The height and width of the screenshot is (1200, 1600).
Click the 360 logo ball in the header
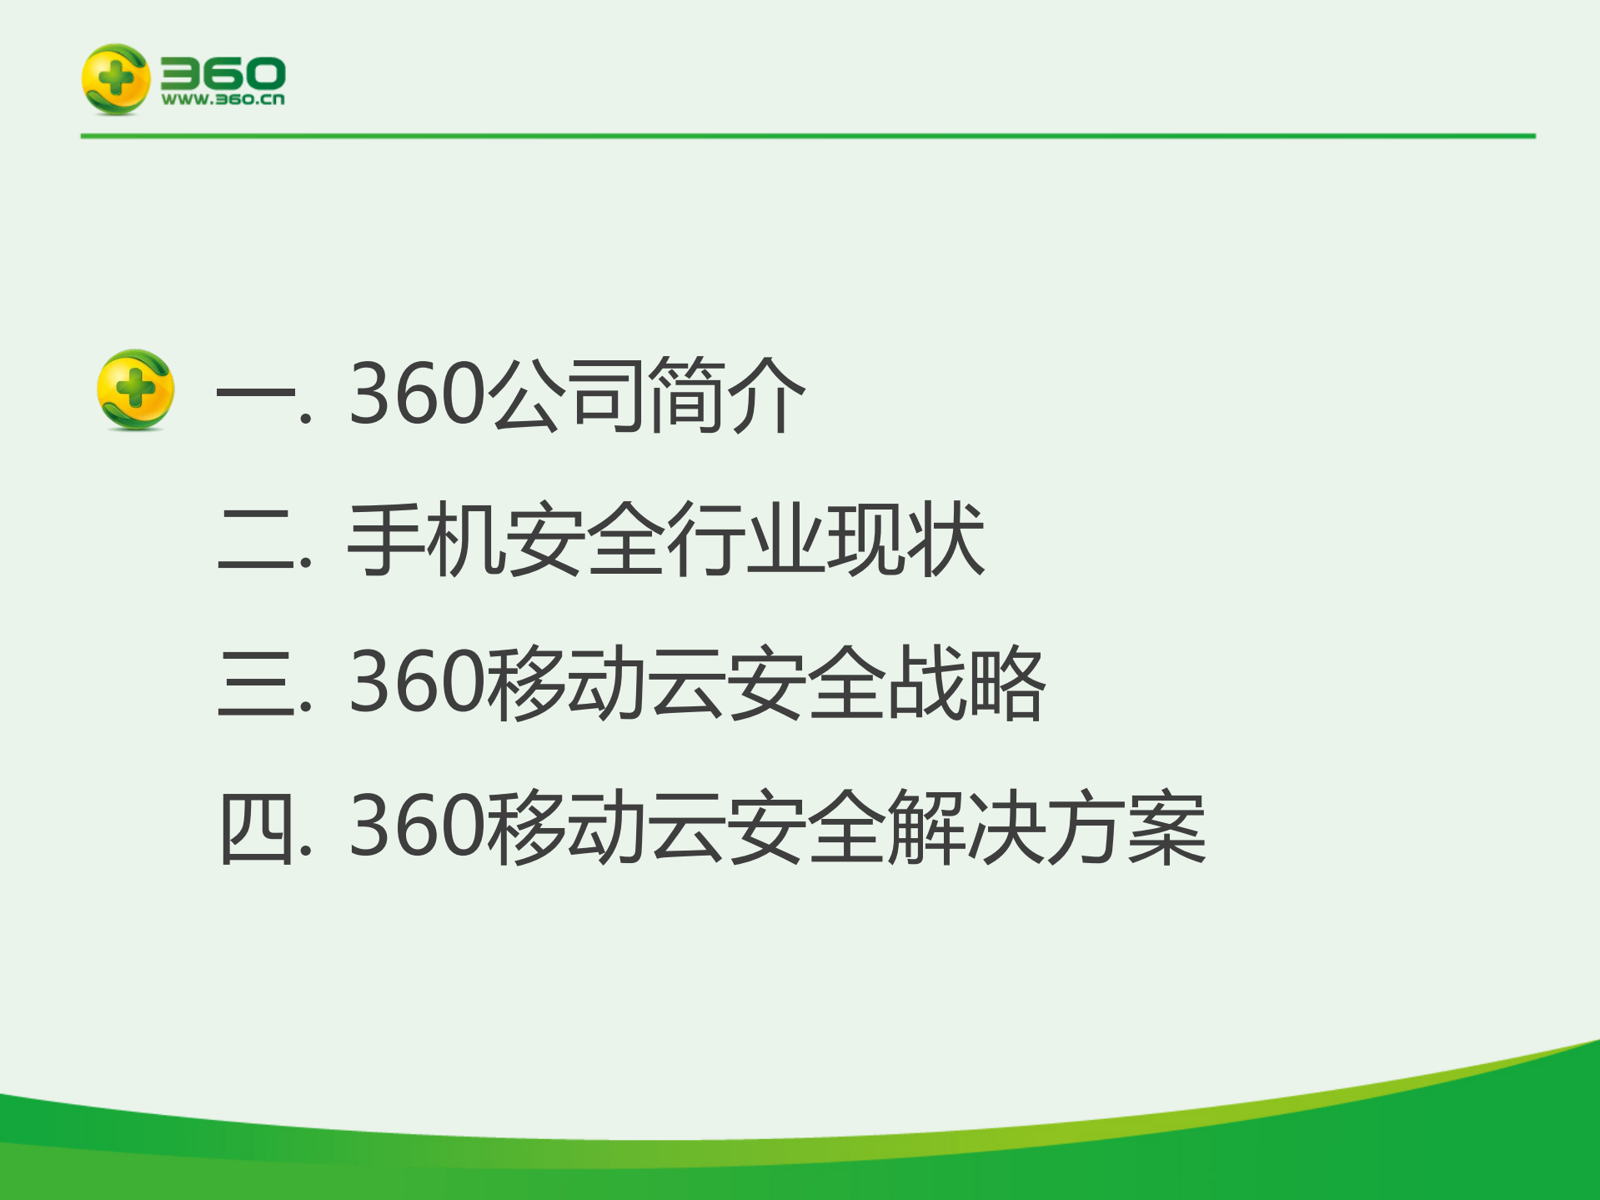tap(116, 79)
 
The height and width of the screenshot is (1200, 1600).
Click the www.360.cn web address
tap(223, 99)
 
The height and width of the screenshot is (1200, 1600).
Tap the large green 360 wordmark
tap(223, 73)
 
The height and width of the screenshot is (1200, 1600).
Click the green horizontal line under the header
tap(807, 136)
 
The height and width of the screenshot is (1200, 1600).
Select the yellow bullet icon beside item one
tap(136, 389)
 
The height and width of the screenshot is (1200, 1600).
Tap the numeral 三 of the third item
tap(257, 683)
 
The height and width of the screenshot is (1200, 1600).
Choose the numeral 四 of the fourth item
tap(257, 828)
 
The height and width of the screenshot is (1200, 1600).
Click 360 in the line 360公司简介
tap(417, 393)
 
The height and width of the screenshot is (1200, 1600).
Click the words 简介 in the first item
tap(726, 394)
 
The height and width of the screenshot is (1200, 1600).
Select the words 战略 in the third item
tap(966, 683)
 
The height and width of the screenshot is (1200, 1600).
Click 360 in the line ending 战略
tap(417, 683)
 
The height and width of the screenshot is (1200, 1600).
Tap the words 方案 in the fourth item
tap(1126, 828)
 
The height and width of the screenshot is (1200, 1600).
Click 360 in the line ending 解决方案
tap(417, 826)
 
